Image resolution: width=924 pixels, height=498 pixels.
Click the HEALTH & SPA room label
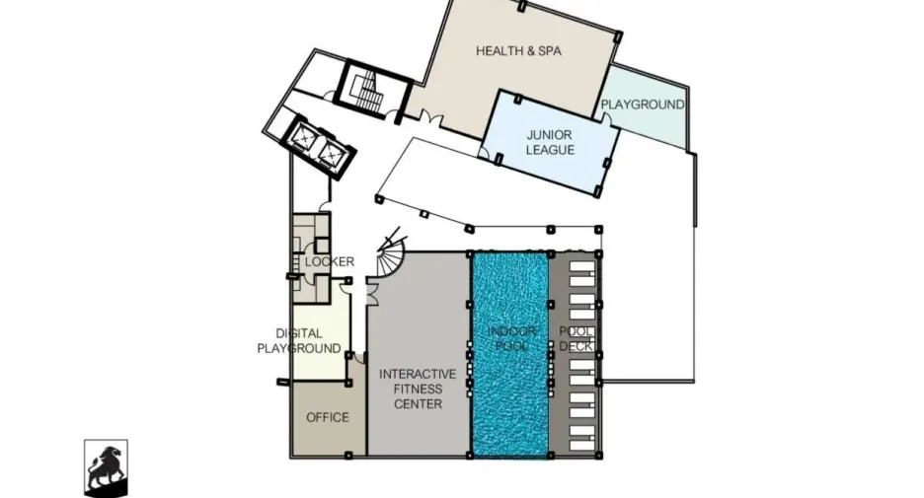pos(518,51)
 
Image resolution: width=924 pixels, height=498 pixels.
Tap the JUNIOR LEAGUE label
pos(550,142)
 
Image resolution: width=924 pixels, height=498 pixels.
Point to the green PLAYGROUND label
pos(643,105)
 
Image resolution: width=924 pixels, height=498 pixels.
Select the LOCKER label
pos(330,261)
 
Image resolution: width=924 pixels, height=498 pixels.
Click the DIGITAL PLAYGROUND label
pos(299,341)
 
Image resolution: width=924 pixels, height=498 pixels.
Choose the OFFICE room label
pos(328,417)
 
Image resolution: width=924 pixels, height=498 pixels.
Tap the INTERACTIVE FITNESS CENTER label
pos(418,390)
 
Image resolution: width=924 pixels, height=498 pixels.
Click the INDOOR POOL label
pos(511,338)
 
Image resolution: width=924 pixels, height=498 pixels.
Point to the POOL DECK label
pos(576,339)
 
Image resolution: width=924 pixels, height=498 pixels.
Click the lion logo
pos(106,468)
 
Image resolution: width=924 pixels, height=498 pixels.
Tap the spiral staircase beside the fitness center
pos(390,254)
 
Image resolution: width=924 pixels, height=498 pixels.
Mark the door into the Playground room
pos(606,119)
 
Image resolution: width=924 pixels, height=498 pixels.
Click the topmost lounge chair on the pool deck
pos(582,267)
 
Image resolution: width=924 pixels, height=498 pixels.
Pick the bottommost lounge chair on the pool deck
pos(582,446)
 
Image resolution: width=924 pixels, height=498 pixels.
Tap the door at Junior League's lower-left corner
pos(484,154)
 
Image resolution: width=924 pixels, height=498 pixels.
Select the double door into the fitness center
pos(371,292)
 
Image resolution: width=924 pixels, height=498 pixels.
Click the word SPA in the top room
pos(549,51)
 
